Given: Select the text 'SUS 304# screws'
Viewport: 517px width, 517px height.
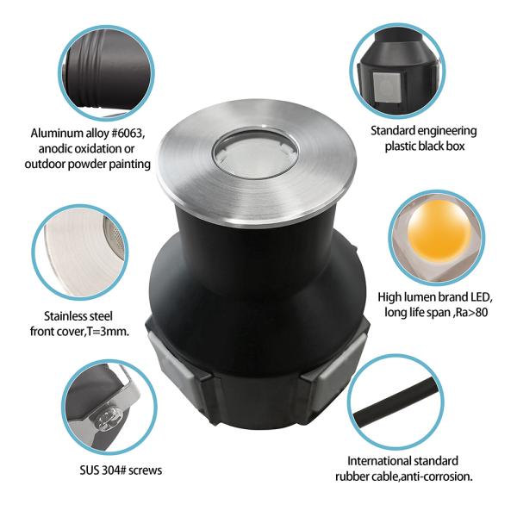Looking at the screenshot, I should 105,470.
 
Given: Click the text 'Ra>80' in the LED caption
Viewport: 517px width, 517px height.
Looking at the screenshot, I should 465,312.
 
